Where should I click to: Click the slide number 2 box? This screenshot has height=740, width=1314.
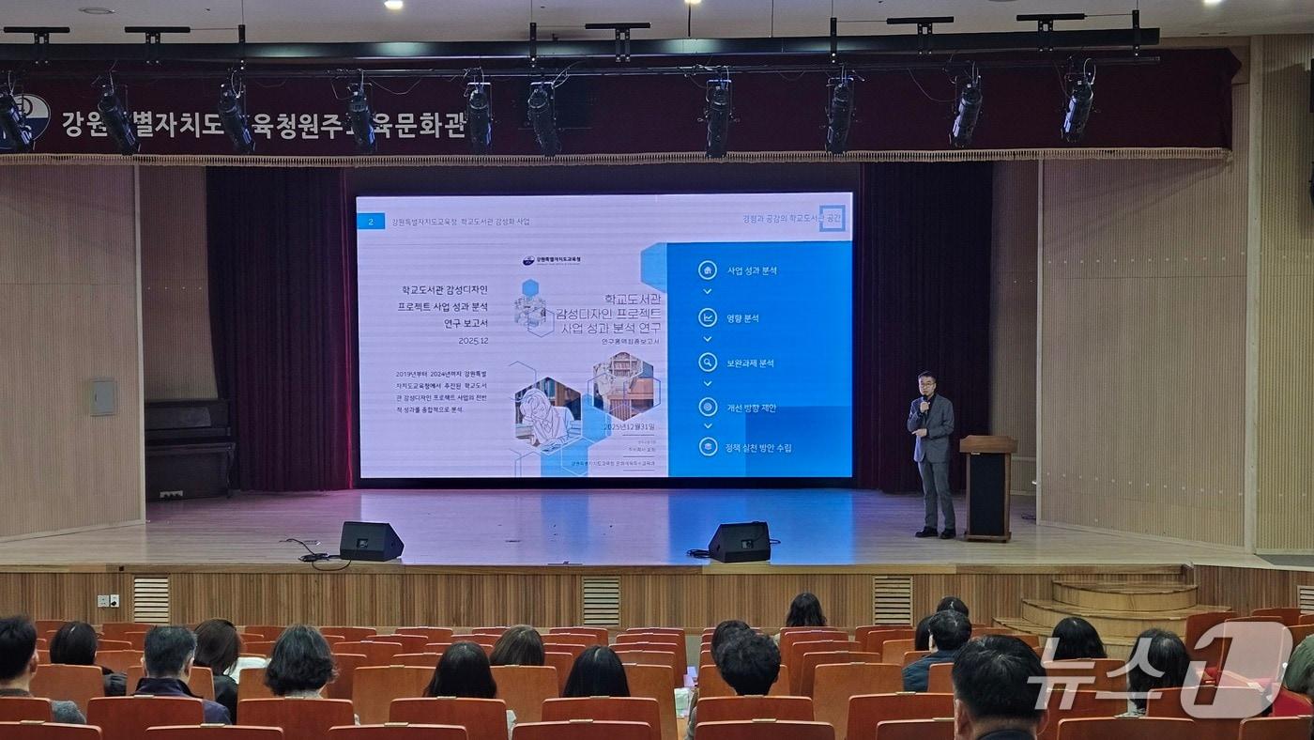pyautogui.click(x=372, y=222)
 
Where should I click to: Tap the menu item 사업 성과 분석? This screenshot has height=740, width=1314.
pyautogui.click(x=752, y=270)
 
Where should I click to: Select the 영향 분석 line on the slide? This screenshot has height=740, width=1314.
pyautogui.click(x=742, y=317)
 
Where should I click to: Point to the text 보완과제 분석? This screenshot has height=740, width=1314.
pyautogui.click(x=750, y=362)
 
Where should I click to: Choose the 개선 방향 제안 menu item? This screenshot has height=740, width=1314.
pyautogui.click(x=751, y=408)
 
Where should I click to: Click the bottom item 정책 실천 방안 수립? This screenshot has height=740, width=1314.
pyautogui.click(x=758, y=448)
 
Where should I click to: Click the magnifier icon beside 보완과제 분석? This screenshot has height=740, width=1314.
pyautogui.click(x=708, y=362)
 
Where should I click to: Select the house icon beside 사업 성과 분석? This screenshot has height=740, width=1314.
pyautogui.click(x=708, y=270)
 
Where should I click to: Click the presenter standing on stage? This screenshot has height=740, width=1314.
pyautogui.click(x=932, y=455)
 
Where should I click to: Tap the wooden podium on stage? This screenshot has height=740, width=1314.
pyautogui.click(x=987, y=486)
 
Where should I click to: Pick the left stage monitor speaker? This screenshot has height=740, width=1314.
pyautogui.click(x=371, y=541)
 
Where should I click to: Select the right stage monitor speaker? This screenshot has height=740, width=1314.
pyautogui.click(x=740, y=542)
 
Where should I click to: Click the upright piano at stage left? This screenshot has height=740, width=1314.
pyautogui.click(x=189, y=449)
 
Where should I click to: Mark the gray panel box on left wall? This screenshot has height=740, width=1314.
pyautogui.click(x=102, y=397)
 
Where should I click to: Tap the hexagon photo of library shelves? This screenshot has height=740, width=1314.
pyautogui.click(x=624, y=384)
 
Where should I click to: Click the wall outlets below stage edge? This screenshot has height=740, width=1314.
pyautogui.click(x=108, y=600)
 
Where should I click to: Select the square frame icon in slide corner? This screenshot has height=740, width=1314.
pyautogui.click(x=832, y=219)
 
